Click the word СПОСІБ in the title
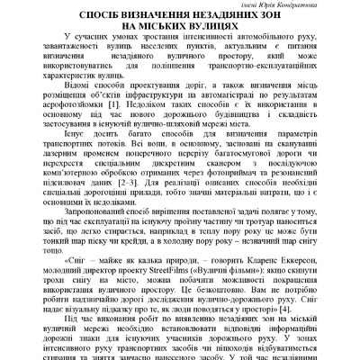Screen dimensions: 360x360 [x=95, y=17]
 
